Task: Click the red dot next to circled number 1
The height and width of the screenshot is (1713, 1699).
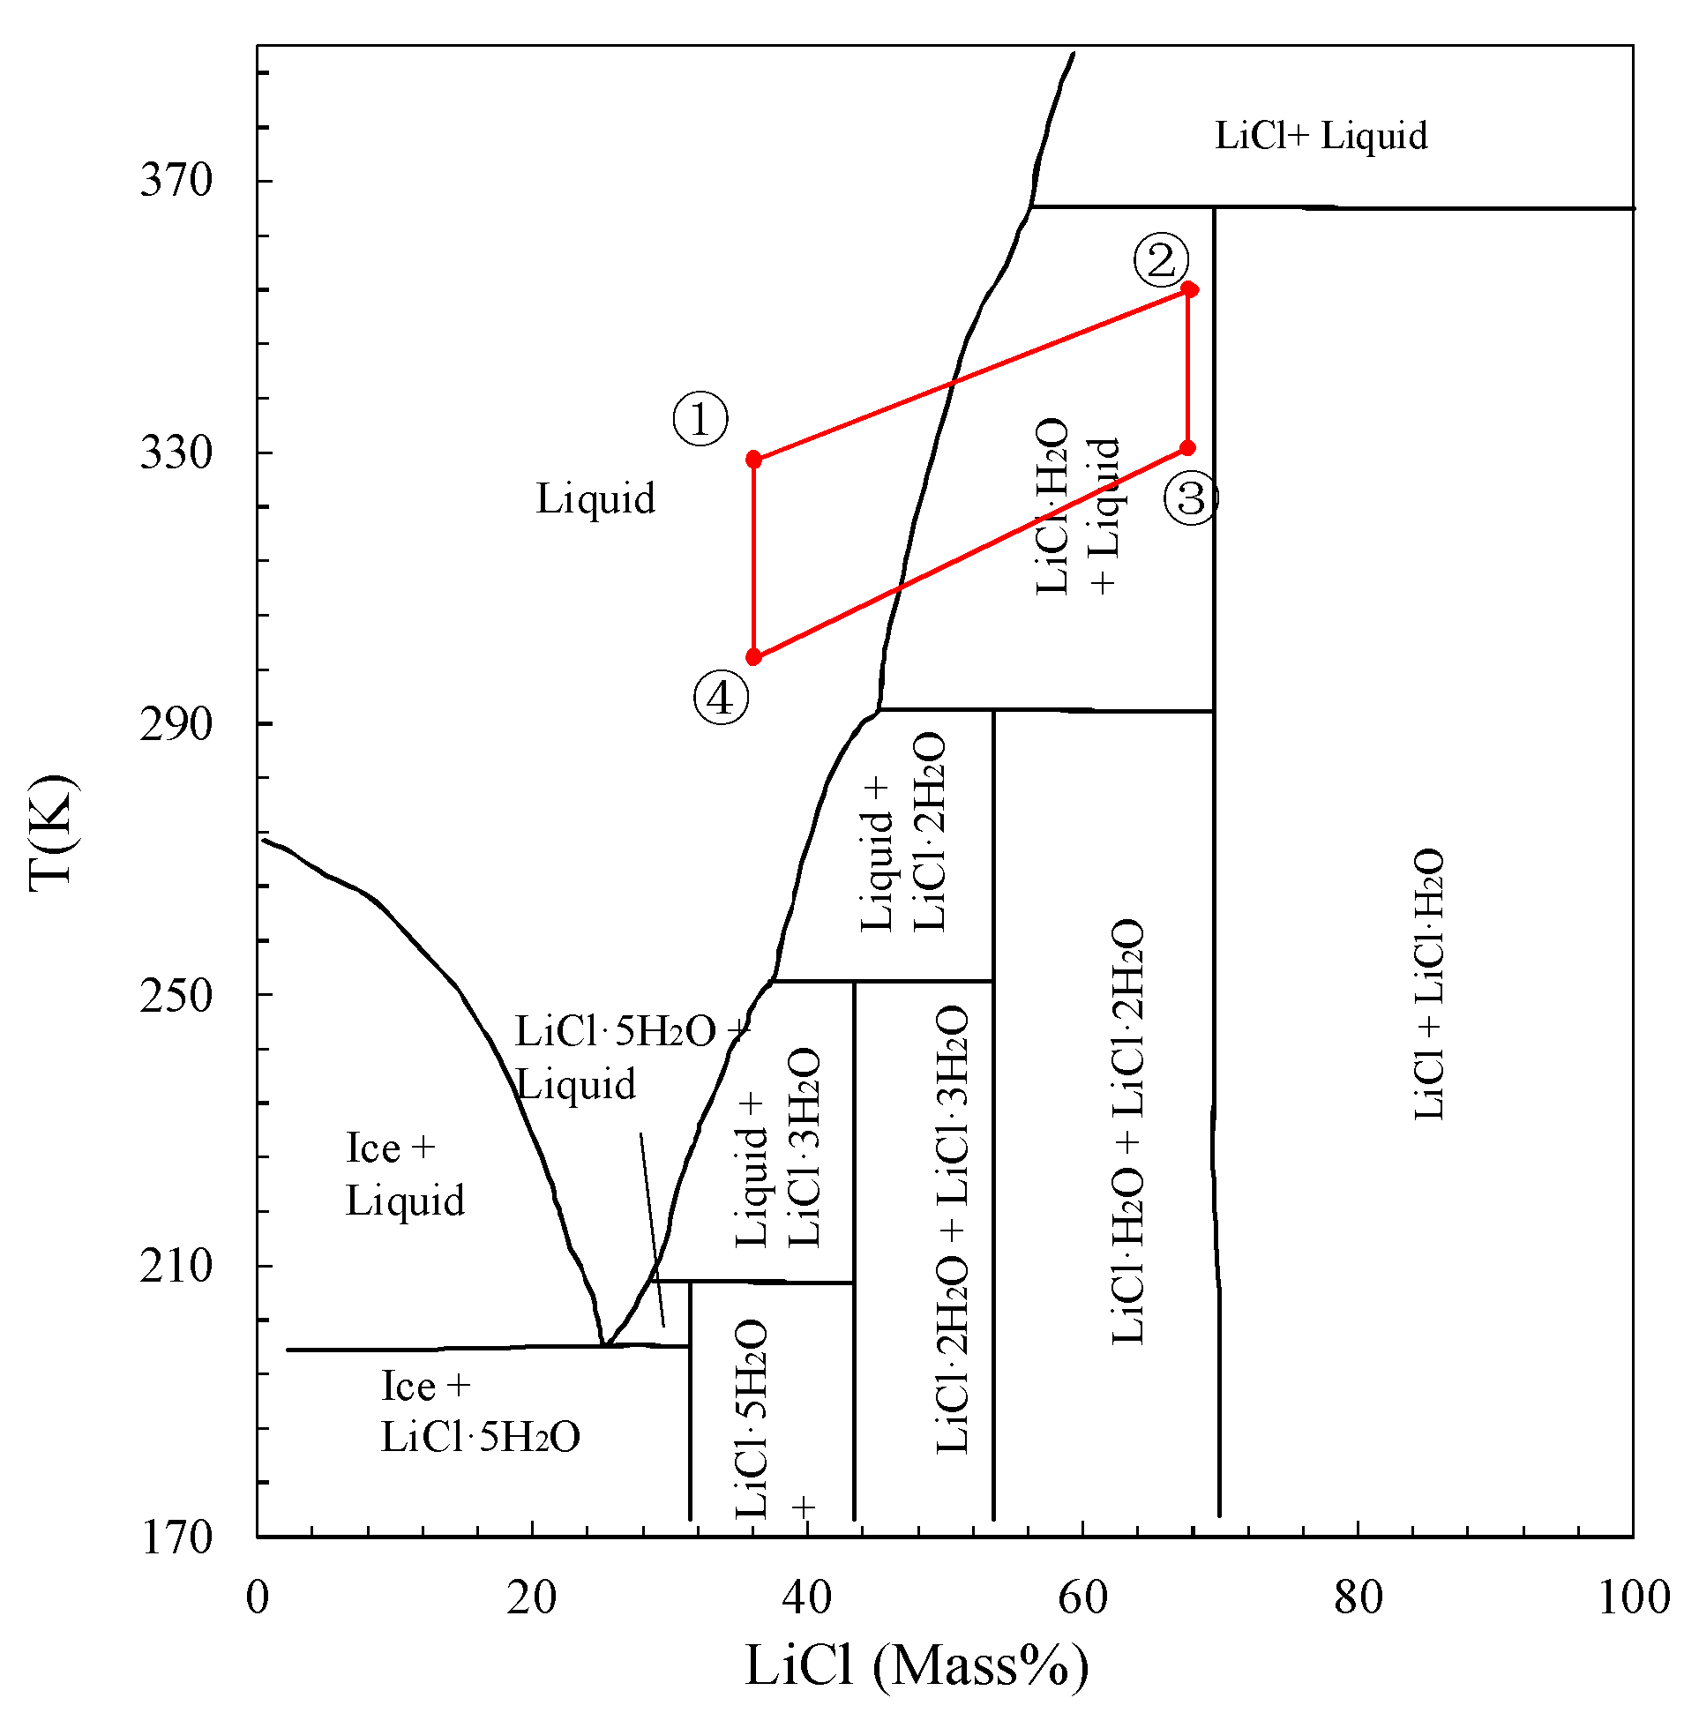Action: coord(753,460)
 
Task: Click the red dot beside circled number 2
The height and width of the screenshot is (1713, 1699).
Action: coord(1189,289)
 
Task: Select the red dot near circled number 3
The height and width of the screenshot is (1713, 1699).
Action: coord(1187,448)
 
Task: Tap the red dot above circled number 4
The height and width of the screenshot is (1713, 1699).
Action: coord(753,657)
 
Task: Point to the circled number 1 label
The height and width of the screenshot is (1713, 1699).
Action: coord(700,419)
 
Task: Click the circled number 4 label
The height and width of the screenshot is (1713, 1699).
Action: coord(720,699)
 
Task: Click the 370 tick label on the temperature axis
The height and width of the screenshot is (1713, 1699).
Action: coord(176,180)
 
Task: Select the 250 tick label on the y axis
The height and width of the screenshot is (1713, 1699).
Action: coord(176,995)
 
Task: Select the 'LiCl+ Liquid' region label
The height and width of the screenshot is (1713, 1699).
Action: coord(1321,136)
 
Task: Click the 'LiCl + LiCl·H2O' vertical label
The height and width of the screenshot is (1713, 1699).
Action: coord(1428,984)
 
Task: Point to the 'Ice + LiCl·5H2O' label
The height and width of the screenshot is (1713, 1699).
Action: coord(479,1412)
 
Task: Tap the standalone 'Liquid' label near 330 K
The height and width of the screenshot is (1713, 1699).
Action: coord(595,498)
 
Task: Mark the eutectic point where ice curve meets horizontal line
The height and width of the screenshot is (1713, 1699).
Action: coord(605,1345)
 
